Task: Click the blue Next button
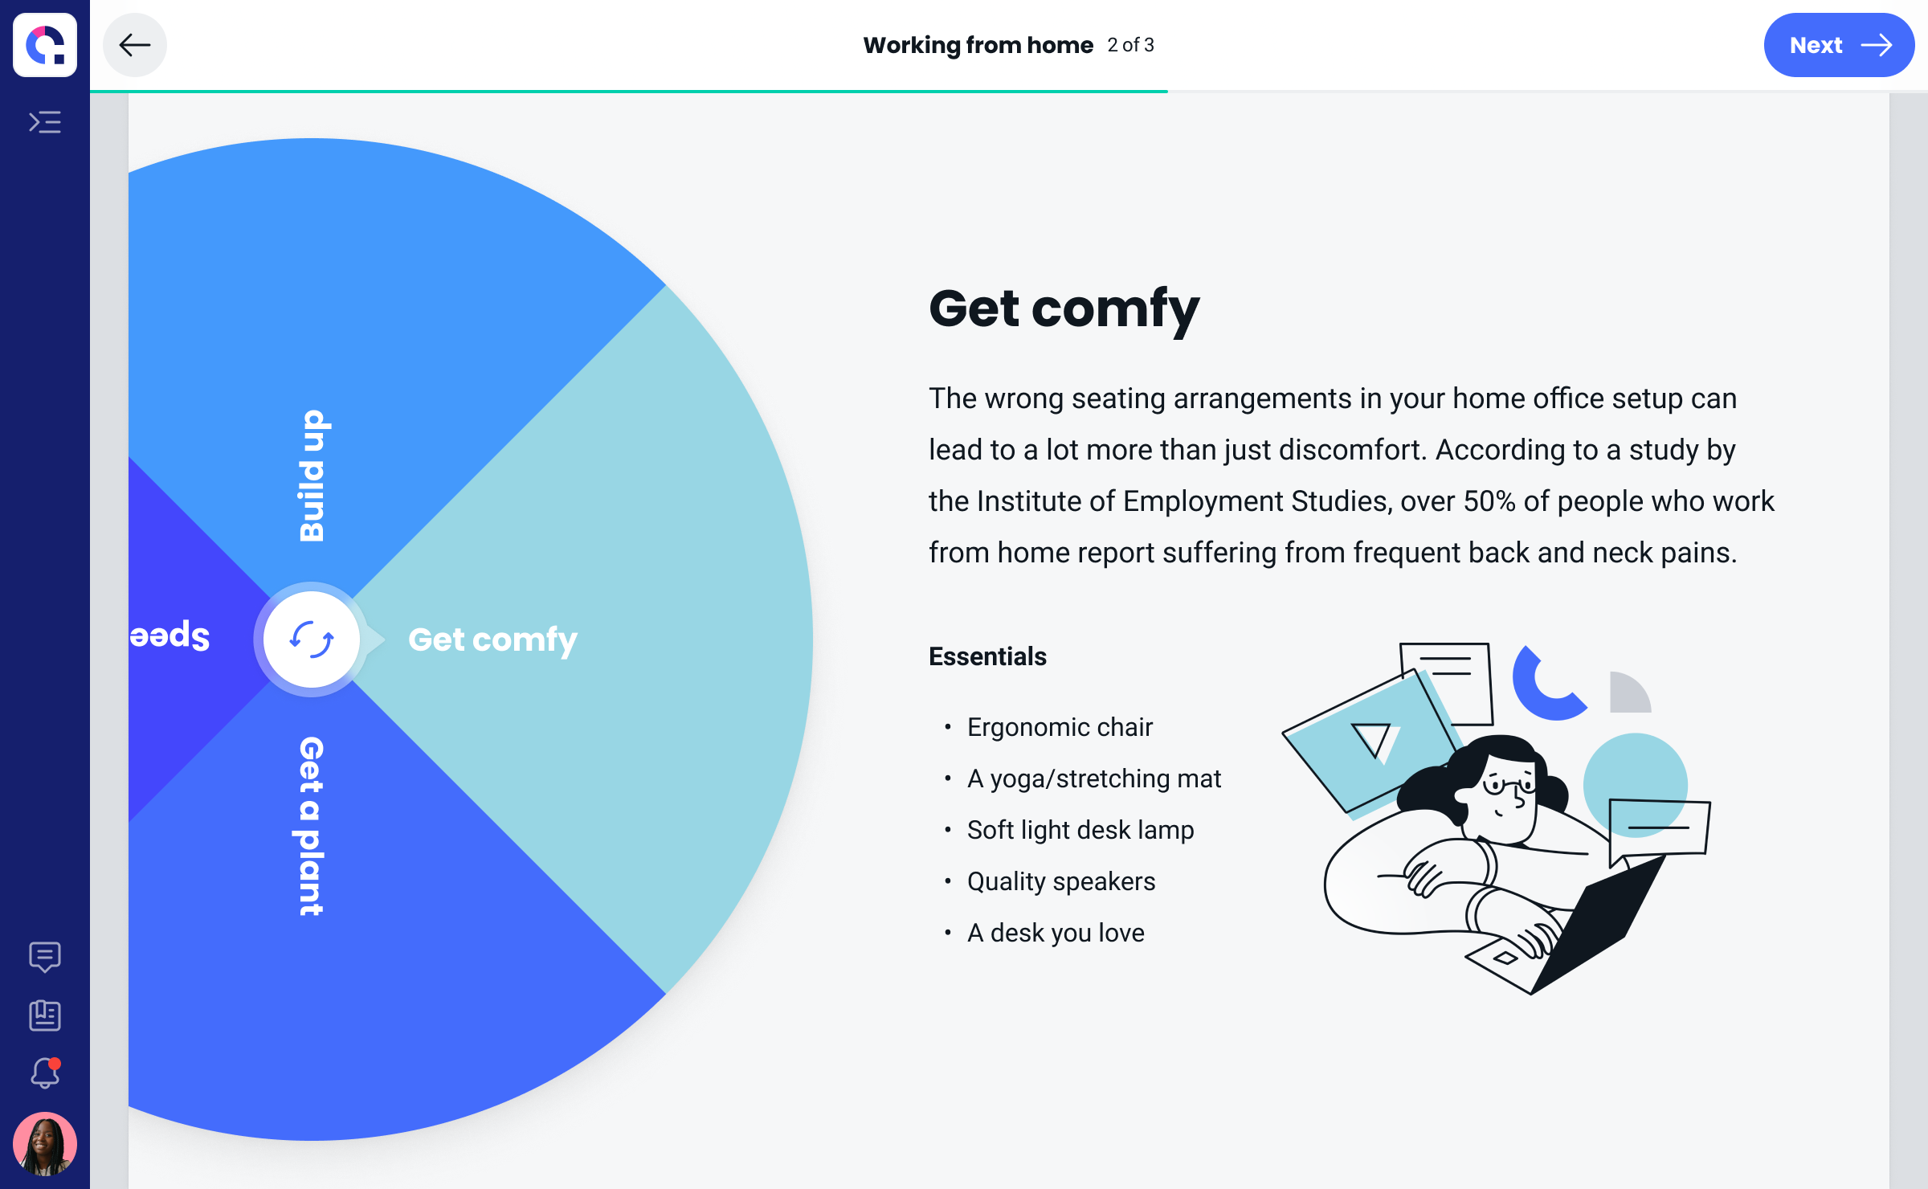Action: (x=1839, y=45)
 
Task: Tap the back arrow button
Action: (x=135, y=45)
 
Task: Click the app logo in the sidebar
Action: (x=45, y=45)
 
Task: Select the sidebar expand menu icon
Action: (x=45, y=122)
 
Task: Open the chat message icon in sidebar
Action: (x=45, y=957)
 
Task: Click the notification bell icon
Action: (x=45, y=1073)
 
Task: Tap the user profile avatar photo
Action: (x=45, y=1144)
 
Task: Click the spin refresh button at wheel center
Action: (x=312, y=639)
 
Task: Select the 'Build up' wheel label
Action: (x=312, y=476)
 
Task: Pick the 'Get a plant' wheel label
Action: (x=311, y=826)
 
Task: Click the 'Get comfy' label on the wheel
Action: (x=492, y=640)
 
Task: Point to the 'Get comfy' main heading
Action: (x=1064, y=310)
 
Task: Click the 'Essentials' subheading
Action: (x=988, y=656)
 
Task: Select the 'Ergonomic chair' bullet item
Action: (x=1060, y=727)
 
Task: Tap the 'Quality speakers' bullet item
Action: (x=1061, y=881)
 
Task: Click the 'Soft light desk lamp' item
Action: (x=1080, y=830)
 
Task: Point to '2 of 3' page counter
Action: (x=1131, y=45)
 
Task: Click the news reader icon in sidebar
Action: (x=45, y=1015)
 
